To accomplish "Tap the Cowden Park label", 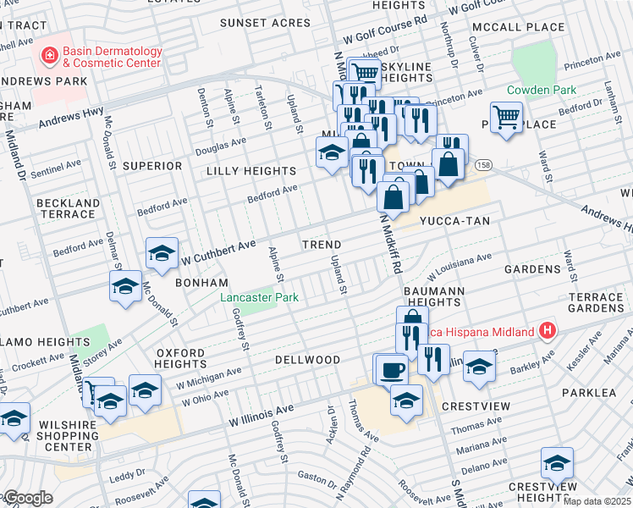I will [x=542, y=90].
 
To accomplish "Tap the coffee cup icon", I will [x=393, y=370].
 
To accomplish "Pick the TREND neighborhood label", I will [x=322, y=245].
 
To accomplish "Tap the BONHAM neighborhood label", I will [x=201, y=282].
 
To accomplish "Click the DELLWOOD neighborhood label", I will [x=307, y=360].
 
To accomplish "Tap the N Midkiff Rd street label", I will [x=388, y=240].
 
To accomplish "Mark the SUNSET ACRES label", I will [x=265, y=23].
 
